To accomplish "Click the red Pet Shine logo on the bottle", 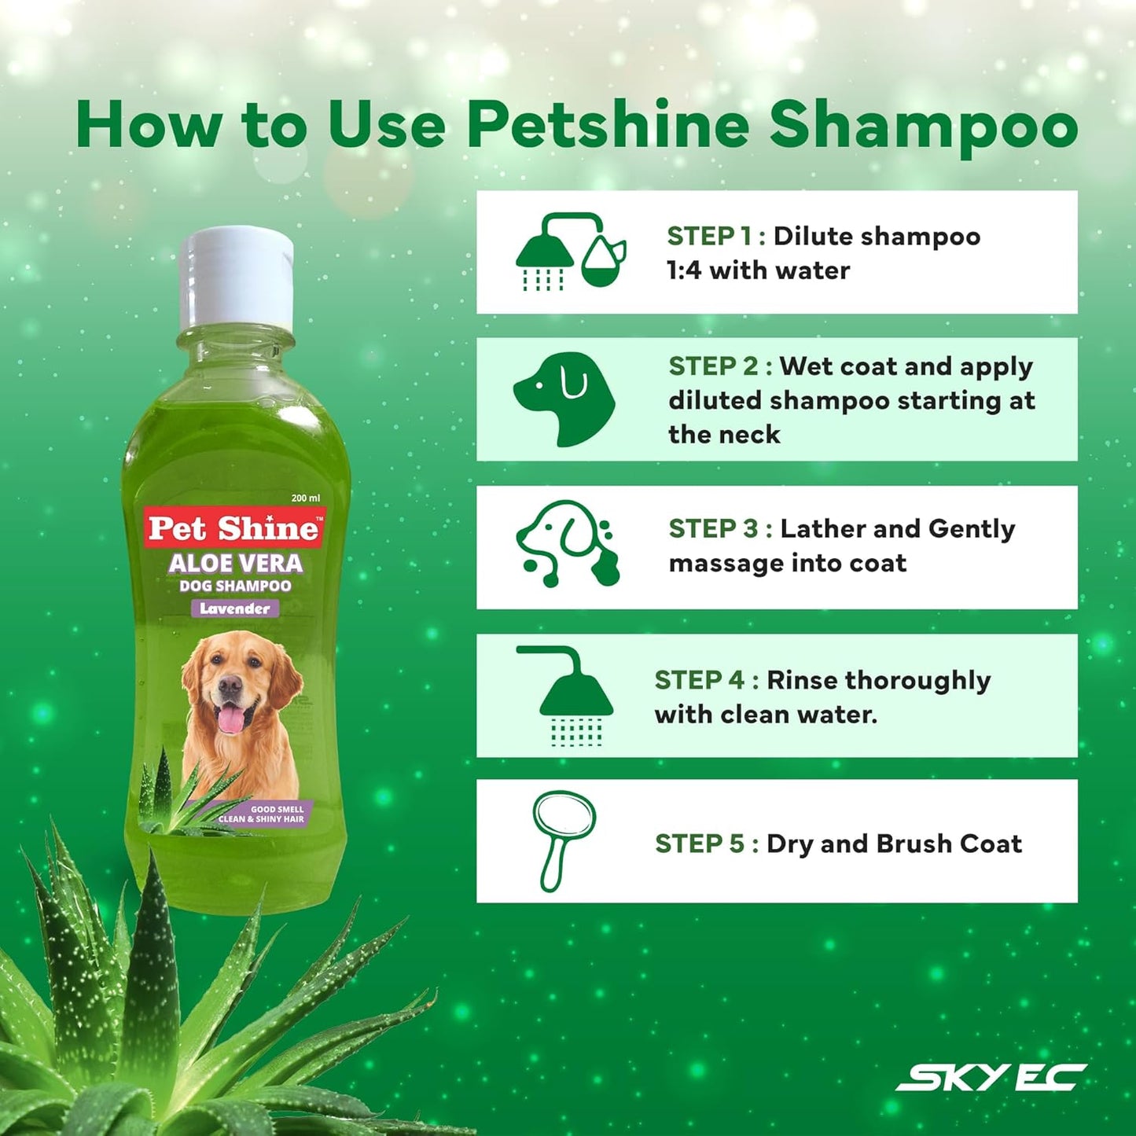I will point(234,528).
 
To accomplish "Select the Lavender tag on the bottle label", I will point(234,608).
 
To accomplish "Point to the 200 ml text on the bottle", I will point(306,498).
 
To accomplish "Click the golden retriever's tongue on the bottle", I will point(230,719).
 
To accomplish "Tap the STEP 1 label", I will point(708,236).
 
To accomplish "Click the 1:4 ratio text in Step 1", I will point(683,270).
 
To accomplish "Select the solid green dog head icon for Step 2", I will point(564,399).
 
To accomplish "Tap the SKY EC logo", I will point(991,1077).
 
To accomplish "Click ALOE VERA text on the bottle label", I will point(235,564).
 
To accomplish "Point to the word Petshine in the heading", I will point(608,126).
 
